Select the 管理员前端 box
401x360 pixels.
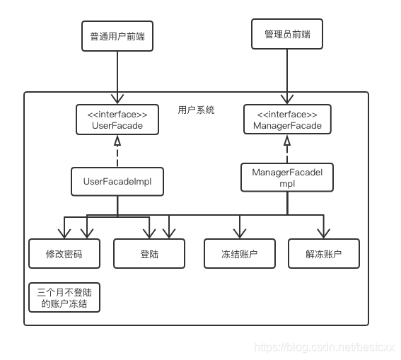286,33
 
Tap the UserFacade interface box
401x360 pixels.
117,120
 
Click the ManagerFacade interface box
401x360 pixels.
286,120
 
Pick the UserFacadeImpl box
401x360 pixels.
117,181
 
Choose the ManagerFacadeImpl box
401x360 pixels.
286,177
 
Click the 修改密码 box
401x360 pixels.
64,253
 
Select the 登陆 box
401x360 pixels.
149,253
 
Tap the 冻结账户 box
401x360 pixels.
239,253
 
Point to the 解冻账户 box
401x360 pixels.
323,253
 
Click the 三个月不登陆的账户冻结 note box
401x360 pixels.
64,297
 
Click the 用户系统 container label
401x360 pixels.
196,110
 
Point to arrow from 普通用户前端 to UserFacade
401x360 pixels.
117,78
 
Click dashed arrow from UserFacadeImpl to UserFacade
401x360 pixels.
117,151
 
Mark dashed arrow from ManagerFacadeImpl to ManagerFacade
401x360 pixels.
286,149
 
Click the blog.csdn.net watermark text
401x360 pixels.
323,347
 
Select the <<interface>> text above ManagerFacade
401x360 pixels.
286,114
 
